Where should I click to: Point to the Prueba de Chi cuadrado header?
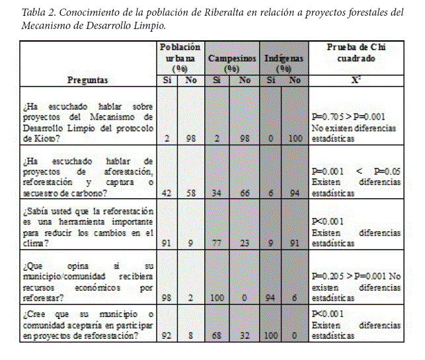click(x=354, y=53)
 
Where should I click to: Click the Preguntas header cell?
click(x=88, y=80)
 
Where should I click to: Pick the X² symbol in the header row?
click(x=354, y=80)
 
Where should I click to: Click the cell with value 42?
click(x=167, y=194)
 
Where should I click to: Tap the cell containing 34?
click(x=217, y=194)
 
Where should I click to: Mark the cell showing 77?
click(x=217, y=242)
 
